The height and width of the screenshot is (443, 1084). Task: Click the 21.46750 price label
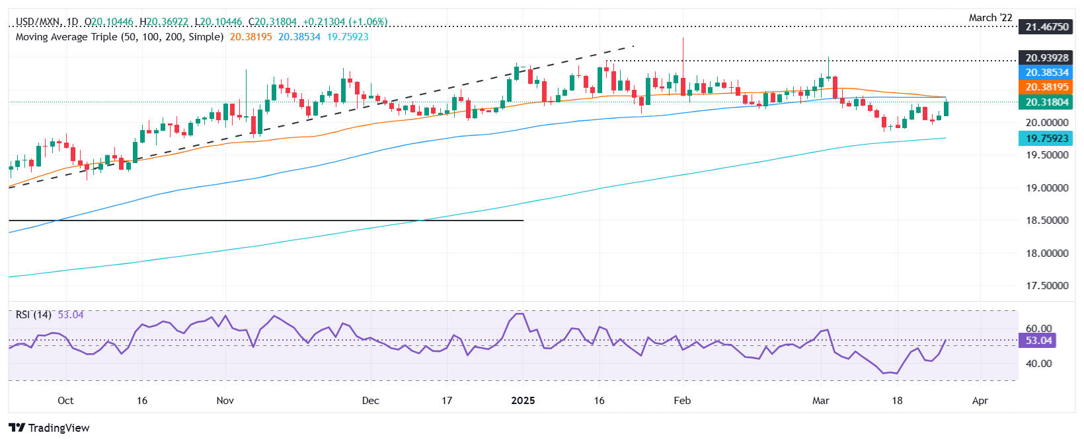(1047, 27)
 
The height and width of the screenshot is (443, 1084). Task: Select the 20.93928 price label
(1047, 58)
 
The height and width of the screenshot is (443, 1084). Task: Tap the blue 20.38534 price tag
(1047, 73)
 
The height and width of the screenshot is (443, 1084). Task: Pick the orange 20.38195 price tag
(1047, 87)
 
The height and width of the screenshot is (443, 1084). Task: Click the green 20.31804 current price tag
(1047, 102)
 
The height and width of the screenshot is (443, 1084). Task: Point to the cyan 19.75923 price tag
(1047, 139)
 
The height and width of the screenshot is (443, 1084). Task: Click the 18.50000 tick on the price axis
(1047, 221)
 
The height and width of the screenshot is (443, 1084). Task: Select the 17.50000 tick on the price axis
(1047, 286)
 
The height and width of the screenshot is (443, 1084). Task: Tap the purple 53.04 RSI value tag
(1038, 341)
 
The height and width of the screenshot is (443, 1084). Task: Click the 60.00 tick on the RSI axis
(1038, 329)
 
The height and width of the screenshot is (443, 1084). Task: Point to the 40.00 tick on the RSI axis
(1038, 364)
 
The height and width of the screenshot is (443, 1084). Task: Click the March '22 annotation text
(990, 18)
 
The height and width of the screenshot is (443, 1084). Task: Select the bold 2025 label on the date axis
(523, 401)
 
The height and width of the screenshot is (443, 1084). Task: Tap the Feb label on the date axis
(682, 401)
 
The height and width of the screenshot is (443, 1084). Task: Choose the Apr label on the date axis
(980, 401)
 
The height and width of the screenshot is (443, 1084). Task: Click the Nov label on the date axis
(225, 401)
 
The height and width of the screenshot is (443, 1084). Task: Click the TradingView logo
(50, 428)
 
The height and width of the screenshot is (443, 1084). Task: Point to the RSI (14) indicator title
(34, 315)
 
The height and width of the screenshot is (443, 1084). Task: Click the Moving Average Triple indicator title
(120, 37)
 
